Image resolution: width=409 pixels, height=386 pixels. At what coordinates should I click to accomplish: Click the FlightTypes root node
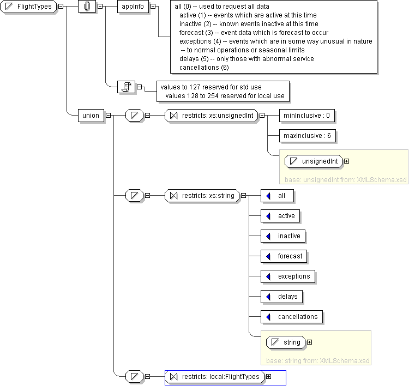[x=28, y=7]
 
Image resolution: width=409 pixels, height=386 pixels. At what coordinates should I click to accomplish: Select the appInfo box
[x=133, y=7]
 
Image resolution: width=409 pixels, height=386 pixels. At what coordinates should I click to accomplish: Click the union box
[x=91, y=116]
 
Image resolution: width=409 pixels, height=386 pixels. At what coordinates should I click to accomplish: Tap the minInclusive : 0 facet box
[x=306, y=116]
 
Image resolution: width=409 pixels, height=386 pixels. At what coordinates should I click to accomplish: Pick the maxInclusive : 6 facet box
[x=307, y=136]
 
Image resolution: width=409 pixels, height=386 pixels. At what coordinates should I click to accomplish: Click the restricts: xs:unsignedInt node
[x=211, y=116]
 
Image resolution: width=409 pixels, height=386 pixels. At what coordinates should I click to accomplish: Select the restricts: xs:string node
[x=202, y=196]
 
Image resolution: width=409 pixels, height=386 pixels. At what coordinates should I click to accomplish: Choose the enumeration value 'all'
[x=277, y=196]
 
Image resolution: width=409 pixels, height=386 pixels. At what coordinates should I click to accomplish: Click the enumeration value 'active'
[x=280, y=216]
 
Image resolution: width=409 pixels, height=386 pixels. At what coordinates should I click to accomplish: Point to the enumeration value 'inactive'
[x=282, y=236]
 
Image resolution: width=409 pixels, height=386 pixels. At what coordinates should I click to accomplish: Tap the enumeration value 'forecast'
[x=284, y=256]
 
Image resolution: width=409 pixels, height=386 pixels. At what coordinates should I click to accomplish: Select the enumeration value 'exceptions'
[x=288, y=276]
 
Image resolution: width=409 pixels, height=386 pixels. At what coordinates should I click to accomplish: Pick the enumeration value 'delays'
[x=282, y=297]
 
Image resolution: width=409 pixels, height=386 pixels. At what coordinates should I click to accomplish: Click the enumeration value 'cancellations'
[x=292, y=317]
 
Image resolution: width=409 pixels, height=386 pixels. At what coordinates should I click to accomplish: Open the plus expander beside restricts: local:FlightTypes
[x=268, y=377]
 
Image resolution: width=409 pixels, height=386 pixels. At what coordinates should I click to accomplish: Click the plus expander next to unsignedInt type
[x=346, y=161]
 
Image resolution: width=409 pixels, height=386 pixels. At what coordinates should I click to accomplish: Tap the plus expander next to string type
[x=309, y=342]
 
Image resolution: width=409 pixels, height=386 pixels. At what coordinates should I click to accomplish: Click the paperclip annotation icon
[x=87, y=7]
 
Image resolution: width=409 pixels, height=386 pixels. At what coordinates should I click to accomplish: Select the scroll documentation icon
[x=127, y=87]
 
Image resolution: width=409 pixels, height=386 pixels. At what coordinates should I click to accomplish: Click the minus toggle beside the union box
[x=108, y=116]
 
